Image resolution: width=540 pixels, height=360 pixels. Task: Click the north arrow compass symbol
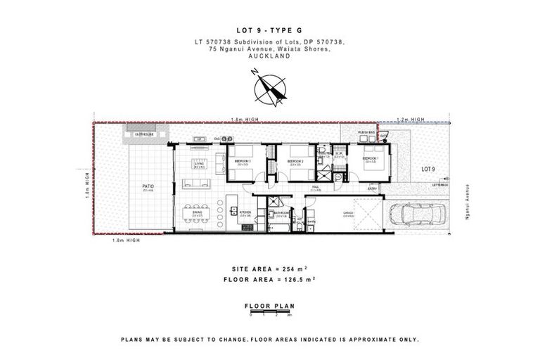point(270,89)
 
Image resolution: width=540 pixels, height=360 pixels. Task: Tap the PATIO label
point(148,186)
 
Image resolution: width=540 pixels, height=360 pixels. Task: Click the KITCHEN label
point(245,212)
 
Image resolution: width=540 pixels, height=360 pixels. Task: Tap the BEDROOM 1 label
point(370,159)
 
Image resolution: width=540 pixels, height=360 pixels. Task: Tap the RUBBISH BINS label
point(366,131)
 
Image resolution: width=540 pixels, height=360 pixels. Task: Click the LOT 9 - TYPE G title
point(270,32)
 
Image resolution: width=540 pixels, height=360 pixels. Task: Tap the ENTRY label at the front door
point(371,188)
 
